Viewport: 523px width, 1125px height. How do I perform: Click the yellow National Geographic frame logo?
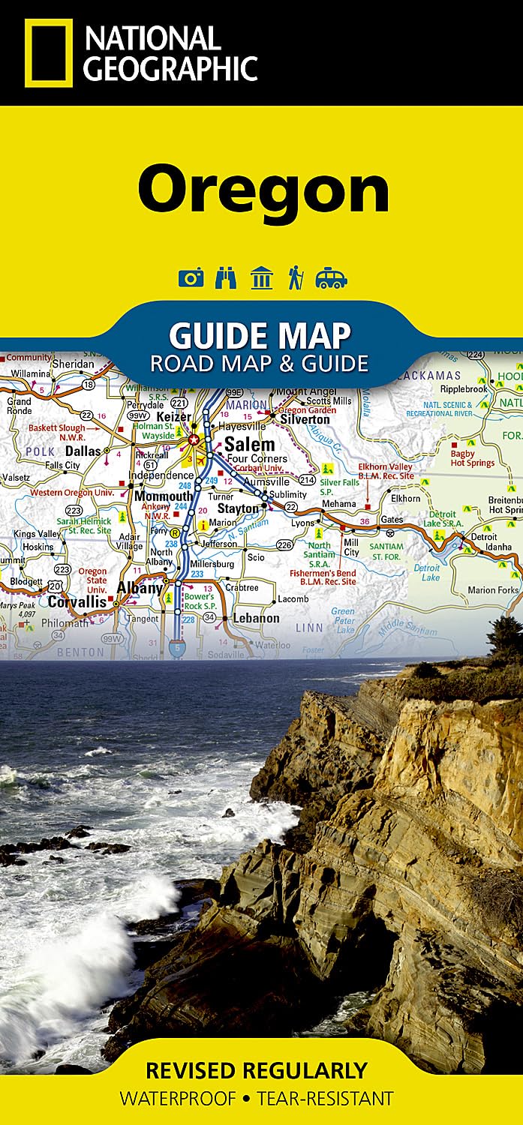coord(49,52)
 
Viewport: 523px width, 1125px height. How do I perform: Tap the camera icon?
coord(191,278)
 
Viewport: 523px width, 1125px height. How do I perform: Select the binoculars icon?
coord(225,278)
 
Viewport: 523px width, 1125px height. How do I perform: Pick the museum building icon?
coord(261,278)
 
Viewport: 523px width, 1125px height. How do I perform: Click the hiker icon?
coord(295,278)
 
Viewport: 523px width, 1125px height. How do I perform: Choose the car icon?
coord(331,278)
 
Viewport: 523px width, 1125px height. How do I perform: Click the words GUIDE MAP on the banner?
coord(260,335)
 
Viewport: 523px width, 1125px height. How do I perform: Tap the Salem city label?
coord(249,444)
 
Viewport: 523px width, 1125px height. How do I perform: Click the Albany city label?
coord(140,588)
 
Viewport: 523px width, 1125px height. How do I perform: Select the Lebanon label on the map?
coord(256,618)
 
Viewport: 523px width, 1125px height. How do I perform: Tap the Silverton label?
coord(305,419)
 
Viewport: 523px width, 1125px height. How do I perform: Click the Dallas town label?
coord(83,451)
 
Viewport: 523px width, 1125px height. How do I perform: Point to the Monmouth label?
coord(163,496)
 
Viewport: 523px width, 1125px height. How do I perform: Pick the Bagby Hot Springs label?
coord(472,458)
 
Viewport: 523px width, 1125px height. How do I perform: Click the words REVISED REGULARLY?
coord(257,1069)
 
